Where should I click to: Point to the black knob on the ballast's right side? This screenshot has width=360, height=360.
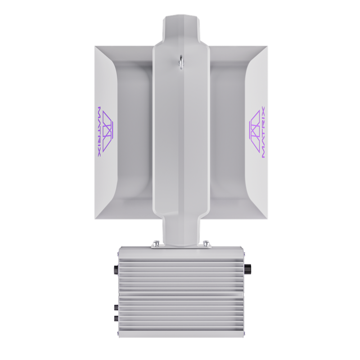point(247,269)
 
